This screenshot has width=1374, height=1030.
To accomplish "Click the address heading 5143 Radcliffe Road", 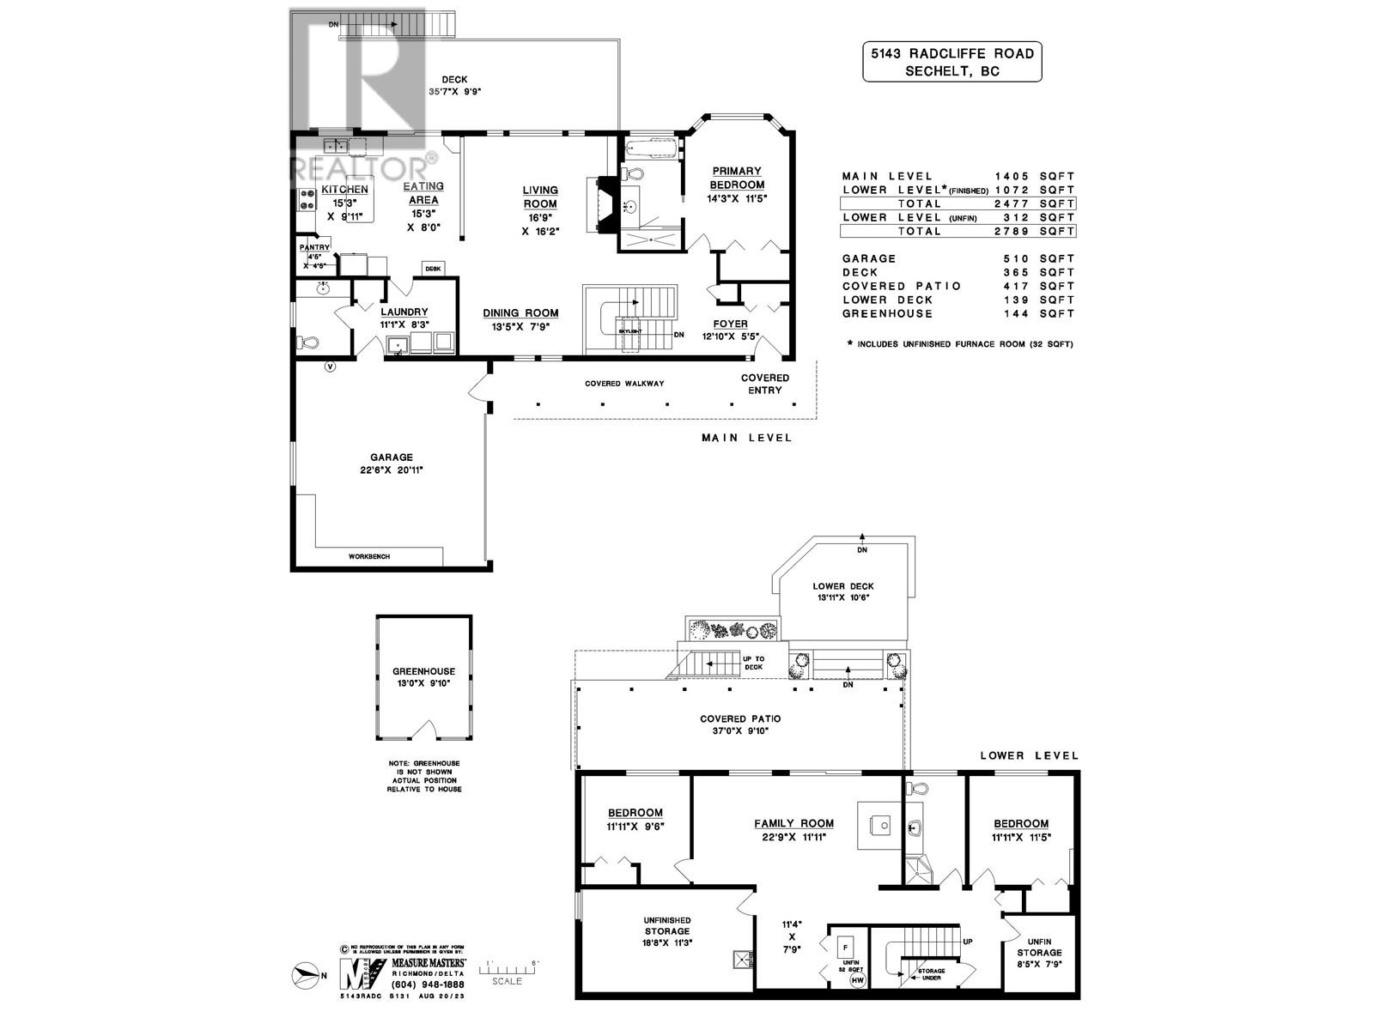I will coord(951,53).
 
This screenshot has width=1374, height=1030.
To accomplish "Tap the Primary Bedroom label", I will coord(736,178).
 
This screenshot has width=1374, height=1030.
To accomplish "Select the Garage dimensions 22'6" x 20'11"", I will coord(392,470).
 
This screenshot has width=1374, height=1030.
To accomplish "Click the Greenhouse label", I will coord(423,671).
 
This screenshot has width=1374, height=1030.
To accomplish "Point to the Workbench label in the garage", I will coord(368,557).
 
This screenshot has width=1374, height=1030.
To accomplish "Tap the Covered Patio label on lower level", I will coord(740,719).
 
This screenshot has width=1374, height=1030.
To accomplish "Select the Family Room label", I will coord(793,823).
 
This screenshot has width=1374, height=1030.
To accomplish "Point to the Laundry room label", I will coord(404,312).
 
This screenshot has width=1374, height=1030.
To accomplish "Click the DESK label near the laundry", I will coord(433,269).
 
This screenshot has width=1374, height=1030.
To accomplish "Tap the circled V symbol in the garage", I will coord(330,367).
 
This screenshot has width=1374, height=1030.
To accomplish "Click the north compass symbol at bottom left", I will coord(307,974).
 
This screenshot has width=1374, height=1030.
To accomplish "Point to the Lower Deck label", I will coord(842,586).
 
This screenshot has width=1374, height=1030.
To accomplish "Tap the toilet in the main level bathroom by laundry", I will coord(308,342).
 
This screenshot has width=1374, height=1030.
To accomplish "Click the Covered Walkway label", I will coord(624,384).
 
